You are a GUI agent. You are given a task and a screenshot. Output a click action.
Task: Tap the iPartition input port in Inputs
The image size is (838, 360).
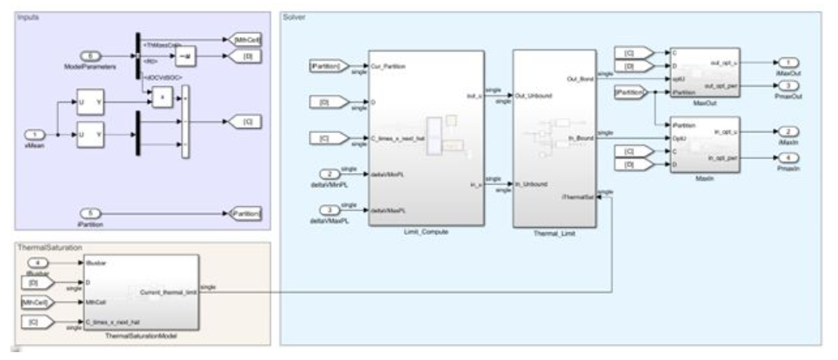coord(90,212)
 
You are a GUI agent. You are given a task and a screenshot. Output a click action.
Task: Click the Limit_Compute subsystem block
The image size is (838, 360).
coord(426,139)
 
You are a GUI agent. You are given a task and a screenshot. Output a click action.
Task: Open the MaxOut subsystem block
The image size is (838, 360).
coord(704,71)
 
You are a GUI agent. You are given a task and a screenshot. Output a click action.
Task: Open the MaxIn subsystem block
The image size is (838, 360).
coord(704,143)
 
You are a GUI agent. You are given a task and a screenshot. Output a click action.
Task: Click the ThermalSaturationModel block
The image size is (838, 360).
coord(140,291)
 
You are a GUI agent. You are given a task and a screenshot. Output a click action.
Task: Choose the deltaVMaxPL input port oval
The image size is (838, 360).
coord(329,210)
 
